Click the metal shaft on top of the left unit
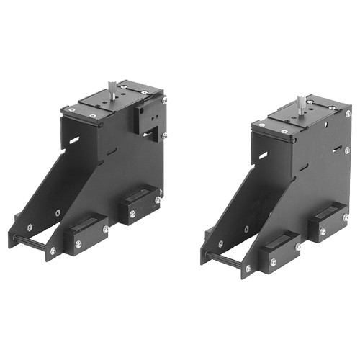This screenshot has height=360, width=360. pos(113,88)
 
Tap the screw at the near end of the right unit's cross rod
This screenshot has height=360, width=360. pos(247,269)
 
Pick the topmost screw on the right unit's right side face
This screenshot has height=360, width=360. pos(348,114)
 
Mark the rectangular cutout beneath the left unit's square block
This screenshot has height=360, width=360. pos(150,133)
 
